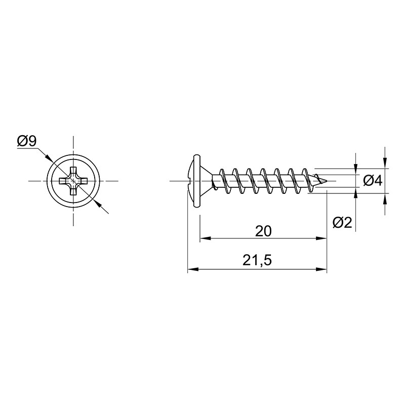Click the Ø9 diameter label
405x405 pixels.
pos(27,141)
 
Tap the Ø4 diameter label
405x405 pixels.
pos(372,181)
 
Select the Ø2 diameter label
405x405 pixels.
pos(342,222)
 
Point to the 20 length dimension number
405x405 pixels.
pos(263,231)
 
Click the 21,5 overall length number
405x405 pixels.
pos(257,260)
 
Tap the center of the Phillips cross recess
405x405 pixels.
pos(73,181)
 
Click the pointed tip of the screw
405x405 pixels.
pos(327,181)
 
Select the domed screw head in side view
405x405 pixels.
pos(194,181)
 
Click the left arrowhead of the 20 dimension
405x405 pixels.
pos(206,238)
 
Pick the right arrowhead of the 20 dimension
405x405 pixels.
pos(321,238)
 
